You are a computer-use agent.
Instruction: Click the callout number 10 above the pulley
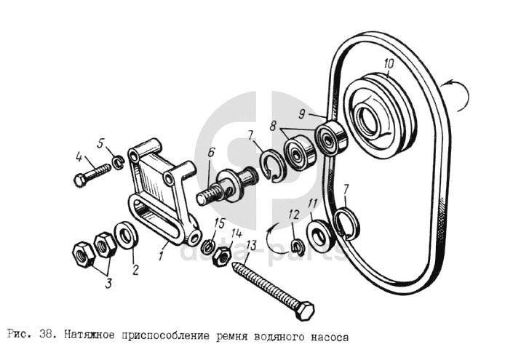(389, 64)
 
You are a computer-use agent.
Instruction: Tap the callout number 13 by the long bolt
(251, 246)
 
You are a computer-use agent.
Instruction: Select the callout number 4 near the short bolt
(79, 157)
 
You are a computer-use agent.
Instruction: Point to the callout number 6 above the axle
(211, 152)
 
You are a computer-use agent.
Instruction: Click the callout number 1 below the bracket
(162, 255)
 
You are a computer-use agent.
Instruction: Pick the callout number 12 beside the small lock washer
(294, 215)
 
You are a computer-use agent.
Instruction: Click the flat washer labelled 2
(126, 236)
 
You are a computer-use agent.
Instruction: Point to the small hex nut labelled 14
(222, 257)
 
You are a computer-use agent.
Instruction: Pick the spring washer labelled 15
(208, 247)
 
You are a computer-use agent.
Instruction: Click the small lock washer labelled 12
(297, 246)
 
